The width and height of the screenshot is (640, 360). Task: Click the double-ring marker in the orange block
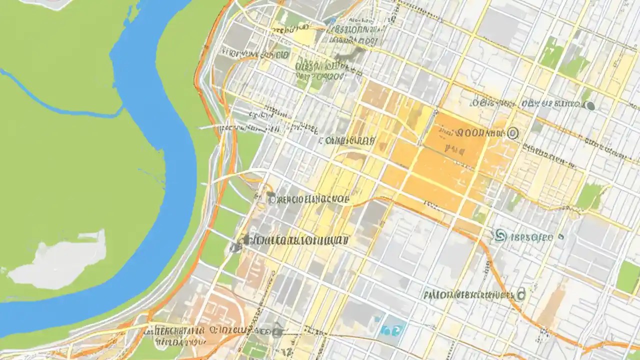pyautogui.click(x=512, y=133)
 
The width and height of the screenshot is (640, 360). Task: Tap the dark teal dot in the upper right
pyautogui.click(x=590, y=105)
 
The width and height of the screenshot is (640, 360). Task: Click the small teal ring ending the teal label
pyautogui.click(x=561, y=236)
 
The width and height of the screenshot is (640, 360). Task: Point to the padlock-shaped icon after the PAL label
pyautogui.click(x=521, y=295)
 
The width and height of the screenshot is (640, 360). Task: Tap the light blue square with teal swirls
pyautogui.click(x=392, y=329)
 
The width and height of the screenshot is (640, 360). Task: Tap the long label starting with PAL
pyautogui.click(x=467, y=295)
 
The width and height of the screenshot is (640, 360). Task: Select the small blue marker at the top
pyautogui.click(x=331, y=20)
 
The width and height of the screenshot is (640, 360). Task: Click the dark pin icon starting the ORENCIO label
pyautogui.click(x=271, y=198)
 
